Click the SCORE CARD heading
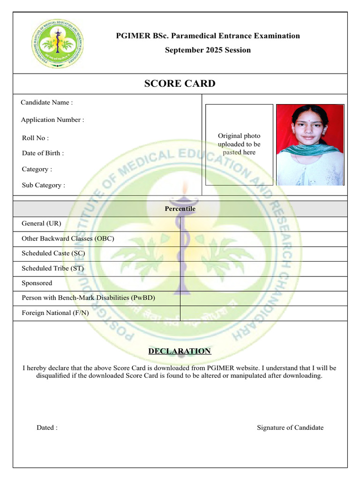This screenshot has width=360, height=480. (x=180, y=84)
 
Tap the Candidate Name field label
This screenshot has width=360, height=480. (x=47, y=102)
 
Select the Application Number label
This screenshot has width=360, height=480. (x=52, y=120)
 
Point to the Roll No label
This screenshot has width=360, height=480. (x=35, y=138)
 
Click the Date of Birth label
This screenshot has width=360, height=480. (x=43, y=153)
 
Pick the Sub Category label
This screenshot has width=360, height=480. (x=44, y=185)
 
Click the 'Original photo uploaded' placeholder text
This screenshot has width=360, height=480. (x=239, y=144)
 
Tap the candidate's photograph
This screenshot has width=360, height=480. (x=310, y=145)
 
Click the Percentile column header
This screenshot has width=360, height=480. (x=180, y=209)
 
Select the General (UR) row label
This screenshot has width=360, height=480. (x=41, y=224)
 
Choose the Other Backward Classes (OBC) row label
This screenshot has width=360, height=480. (x=68, y=239)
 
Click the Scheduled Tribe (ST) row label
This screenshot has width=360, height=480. (x=52, y=269)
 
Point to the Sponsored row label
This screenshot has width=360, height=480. (x=37, y=284)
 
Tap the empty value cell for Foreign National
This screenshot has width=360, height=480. (x=263, y=313)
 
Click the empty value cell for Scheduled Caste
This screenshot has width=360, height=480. (x=263, y=254)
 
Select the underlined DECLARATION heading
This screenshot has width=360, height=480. (x=180, y=351)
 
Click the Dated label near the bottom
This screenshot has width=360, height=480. (x=47, y=427)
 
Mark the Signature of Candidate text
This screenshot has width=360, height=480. (x=290, y=427)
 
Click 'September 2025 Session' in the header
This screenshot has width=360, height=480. (x=208, y=50)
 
